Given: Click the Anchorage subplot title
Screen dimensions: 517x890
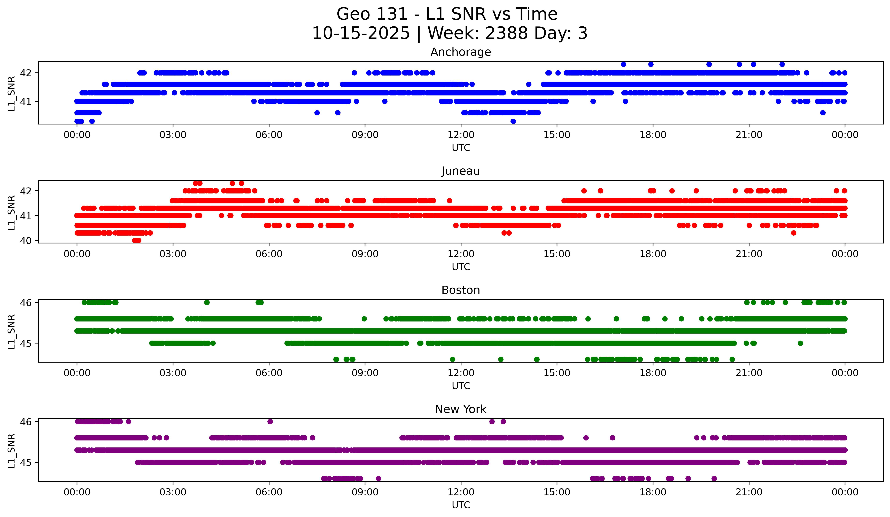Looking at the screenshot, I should pos(461,52).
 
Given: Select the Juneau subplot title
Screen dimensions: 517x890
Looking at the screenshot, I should pos(461,171).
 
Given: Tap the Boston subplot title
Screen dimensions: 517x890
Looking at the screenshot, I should pos(461,290).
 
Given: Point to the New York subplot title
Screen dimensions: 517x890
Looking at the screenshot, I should pos(461,409).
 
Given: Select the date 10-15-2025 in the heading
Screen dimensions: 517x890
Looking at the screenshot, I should pos(361,33).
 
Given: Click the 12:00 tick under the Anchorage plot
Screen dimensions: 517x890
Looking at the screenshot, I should pos(461,135).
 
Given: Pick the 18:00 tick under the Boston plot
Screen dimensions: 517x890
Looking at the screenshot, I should pos(653,373).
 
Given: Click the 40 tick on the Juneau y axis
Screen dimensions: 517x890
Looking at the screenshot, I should pos(25,241).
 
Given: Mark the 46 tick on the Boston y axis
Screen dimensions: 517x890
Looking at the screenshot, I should pos(25,303).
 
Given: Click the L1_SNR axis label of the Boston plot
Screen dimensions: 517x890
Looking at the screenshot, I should pos(11,332).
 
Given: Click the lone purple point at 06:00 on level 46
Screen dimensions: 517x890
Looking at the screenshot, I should pos(270,422).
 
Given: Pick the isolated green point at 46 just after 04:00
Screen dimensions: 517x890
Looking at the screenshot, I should pos(207,303).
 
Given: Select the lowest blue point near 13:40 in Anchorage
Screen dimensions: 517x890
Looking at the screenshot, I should pos(513,121).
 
